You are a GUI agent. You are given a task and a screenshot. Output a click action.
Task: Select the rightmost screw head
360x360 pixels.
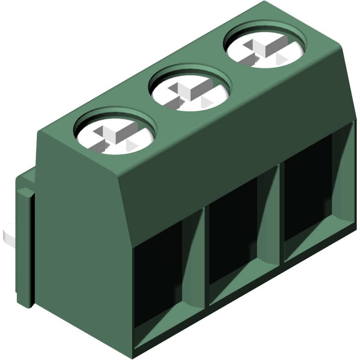point(265,47)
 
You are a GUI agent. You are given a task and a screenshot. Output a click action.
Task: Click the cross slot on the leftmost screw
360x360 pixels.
point(111,136)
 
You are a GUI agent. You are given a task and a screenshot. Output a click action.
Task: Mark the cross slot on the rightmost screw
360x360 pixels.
point(263,49)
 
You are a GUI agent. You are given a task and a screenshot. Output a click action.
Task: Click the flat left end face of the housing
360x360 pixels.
point(81,246)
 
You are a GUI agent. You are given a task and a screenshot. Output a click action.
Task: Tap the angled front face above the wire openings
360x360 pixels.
point(232,148)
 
